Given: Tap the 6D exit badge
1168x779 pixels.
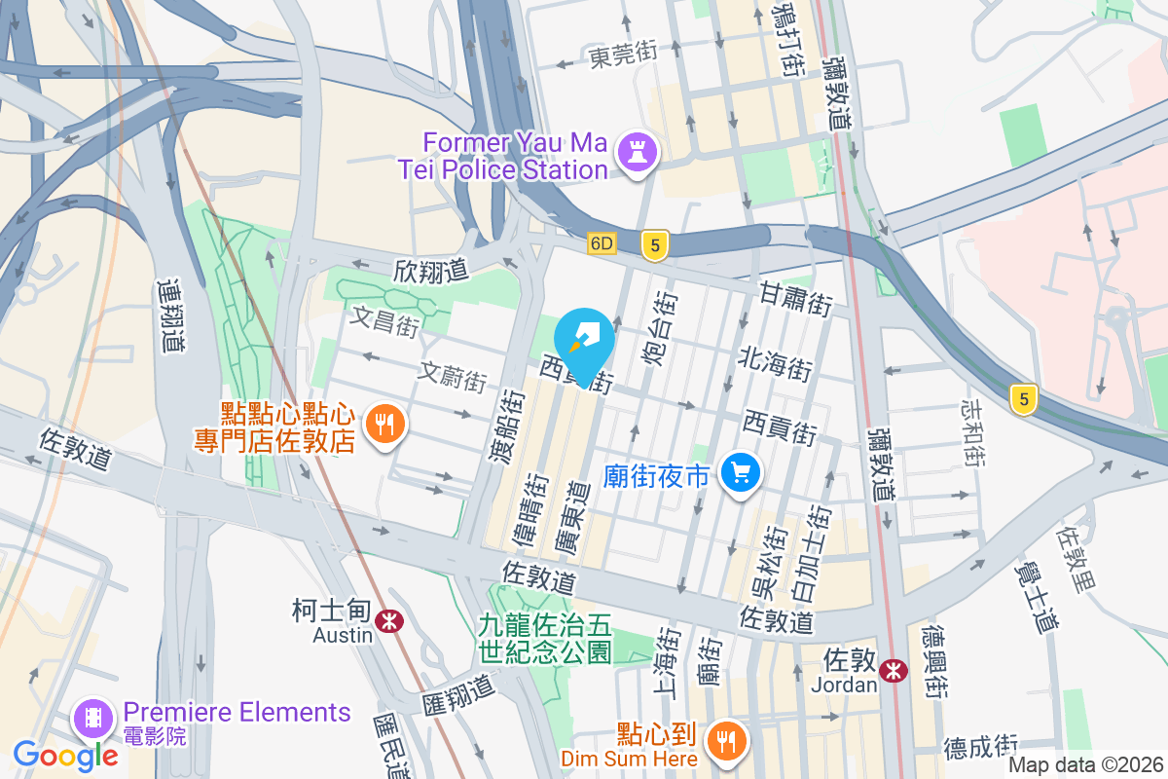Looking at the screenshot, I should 602,243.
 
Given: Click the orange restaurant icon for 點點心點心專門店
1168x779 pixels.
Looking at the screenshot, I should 385,425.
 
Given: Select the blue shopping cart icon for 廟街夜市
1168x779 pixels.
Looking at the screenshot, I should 741,473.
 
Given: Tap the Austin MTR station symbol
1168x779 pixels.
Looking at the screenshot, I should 390,620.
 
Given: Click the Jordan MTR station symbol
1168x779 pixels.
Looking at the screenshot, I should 893,670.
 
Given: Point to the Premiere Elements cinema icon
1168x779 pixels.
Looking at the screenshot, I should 92,718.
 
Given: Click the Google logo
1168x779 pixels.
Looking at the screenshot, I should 65,755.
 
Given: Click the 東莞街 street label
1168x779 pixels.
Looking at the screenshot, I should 624,56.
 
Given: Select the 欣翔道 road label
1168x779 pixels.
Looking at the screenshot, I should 431,270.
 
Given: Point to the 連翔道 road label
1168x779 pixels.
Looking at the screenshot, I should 171,316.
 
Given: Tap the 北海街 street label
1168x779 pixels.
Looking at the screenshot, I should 776,365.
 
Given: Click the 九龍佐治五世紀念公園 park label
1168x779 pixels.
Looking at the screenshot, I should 545,638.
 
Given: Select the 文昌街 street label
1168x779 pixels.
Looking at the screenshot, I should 385,320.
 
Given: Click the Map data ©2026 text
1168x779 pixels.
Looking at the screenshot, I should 1085,765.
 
